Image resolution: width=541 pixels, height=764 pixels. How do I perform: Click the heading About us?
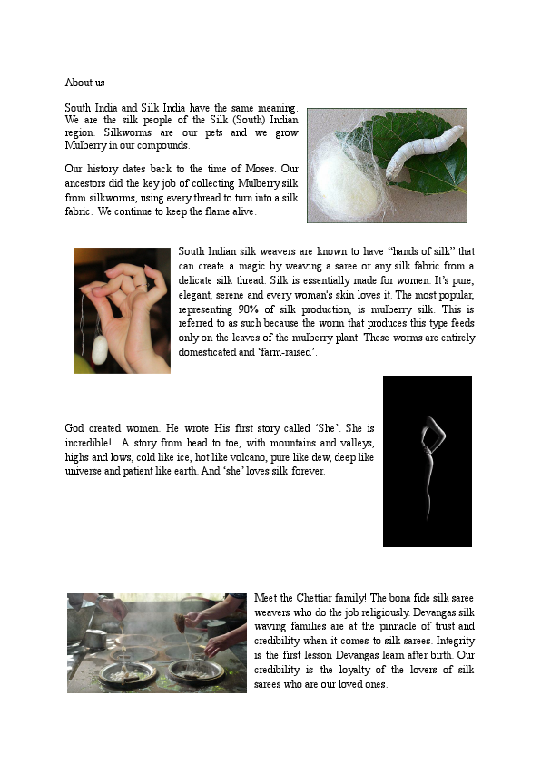[x=84, y=83]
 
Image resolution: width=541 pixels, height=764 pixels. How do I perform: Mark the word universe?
[x=85, y=472]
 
